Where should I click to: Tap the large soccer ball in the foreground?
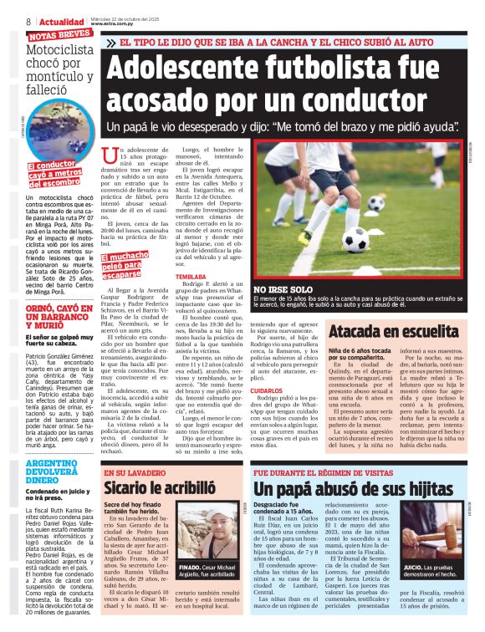click(354, 240)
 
